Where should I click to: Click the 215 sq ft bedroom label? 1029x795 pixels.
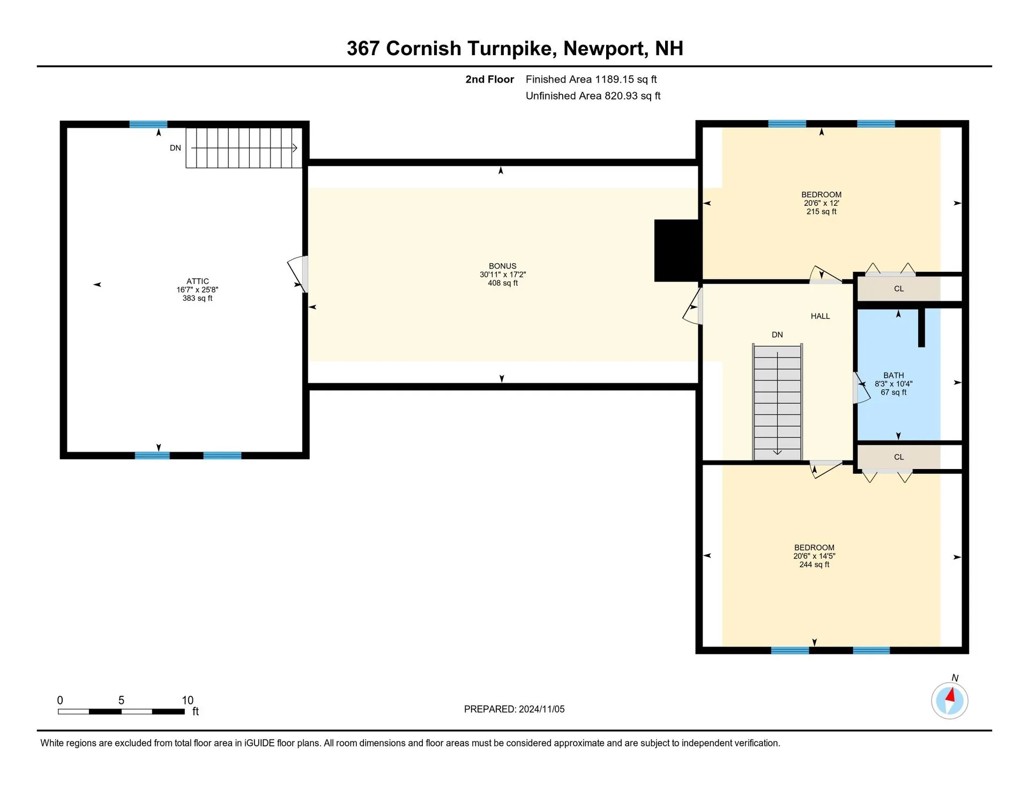click(821, 203)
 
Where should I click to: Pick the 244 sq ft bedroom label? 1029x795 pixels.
click(814, 556)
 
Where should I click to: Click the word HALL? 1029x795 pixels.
click(820, 316)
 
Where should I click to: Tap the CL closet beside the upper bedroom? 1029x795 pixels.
click(899, 289)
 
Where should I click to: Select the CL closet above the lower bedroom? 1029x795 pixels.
click(899, 457)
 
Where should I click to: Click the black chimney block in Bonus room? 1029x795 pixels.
click(677, 250)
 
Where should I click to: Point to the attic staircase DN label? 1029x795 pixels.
click(175, 148)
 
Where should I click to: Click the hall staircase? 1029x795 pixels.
click(777, 402)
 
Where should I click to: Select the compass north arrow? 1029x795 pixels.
click(950, 696)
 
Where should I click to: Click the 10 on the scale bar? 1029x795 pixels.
click(187, 700)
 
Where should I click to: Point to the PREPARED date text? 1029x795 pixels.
click(514, 709)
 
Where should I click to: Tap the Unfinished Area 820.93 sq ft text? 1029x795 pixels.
click(593, 96)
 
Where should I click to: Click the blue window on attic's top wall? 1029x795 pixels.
click(148, 124)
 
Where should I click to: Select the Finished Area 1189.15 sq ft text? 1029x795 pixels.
click(591, 79)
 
